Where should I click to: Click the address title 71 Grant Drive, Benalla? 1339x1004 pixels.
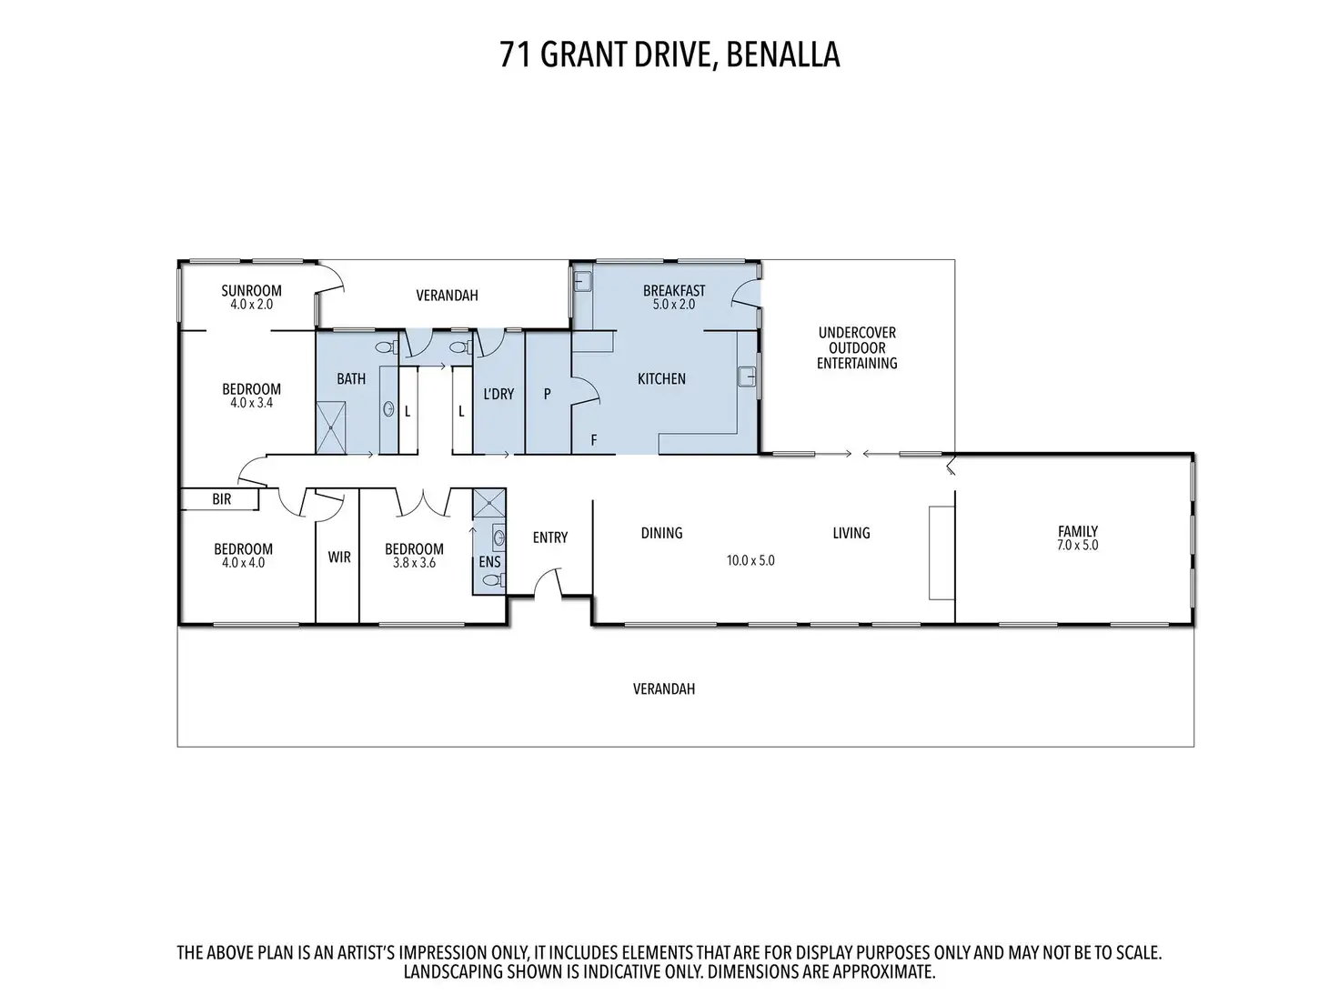669,55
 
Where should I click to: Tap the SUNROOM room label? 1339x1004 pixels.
251,291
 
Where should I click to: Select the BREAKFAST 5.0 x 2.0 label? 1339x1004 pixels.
674,297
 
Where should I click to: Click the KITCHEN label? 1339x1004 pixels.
662,379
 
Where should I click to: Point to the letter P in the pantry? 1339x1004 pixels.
548,395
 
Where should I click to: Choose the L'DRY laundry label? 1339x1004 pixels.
499,395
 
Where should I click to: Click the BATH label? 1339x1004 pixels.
351,379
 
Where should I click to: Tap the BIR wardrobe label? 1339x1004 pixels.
222,499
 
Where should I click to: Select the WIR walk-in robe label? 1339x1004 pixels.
339,557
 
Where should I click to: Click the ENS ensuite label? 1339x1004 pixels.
490,562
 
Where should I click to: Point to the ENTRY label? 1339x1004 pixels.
550,537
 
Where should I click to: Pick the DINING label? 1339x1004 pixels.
662,534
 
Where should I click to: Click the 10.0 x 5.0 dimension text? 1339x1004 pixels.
750,561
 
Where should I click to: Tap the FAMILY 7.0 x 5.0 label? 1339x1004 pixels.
1078,538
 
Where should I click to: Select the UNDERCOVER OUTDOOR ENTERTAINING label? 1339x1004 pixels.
857,348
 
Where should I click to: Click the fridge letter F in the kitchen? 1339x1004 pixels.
594,439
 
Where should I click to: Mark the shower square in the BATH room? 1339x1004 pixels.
330,428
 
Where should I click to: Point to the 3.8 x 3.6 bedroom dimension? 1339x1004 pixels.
414,563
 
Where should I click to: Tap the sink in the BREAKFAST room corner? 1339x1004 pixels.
582,281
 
